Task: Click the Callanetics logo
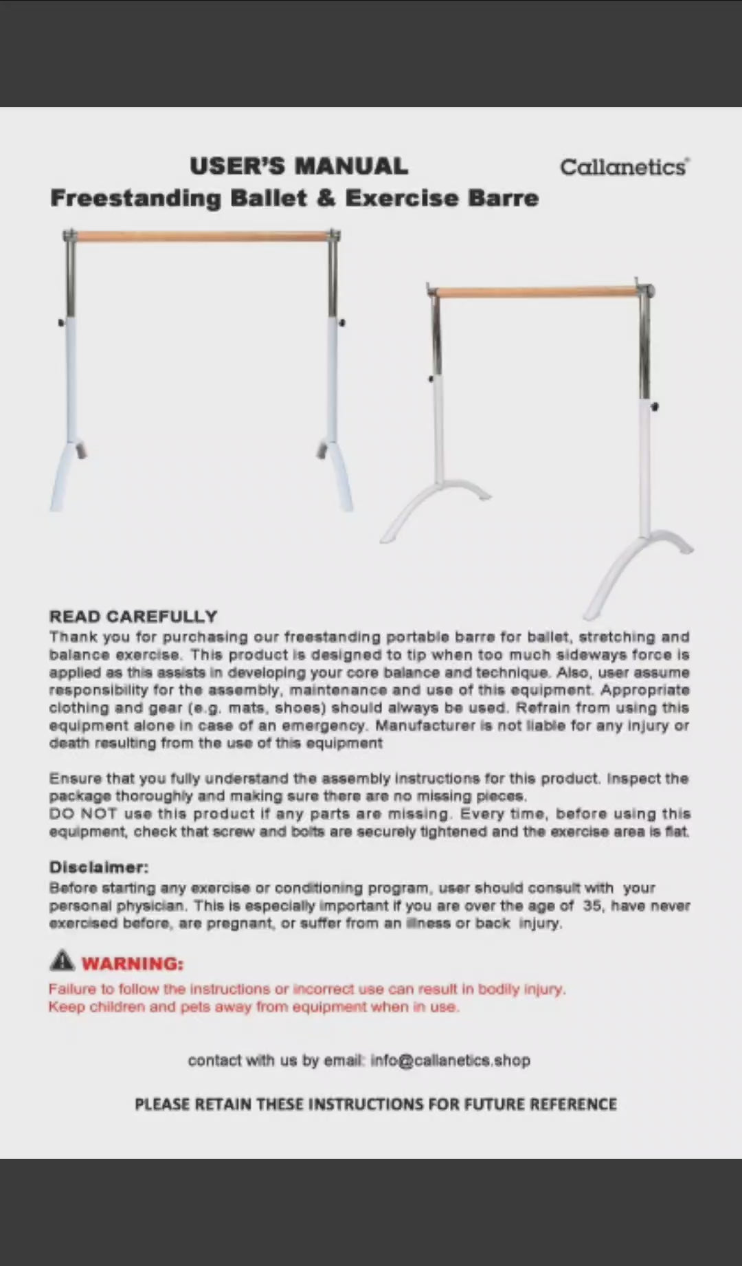tap(624, 167)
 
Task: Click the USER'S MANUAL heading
tap(299, 166)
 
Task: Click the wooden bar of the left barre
tap(202, 237)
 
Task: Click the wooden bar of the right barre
tap(537, 293)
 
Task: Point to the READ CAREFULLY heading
tap(133, 617)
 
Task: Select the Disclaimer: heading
tap(99, 867)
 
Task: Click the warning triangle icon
tap(62, 960)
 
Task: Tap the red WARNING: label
tap(133, 964)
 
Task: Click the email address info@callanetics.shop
tap(450, 1060)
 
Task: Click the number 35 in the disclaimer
tap(592, 906)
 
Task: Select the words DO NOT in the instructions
tap(83, 814)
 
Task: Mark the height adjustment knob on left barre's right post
tap(341, 322)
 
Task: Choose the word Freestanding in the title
tap(136, 198)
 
